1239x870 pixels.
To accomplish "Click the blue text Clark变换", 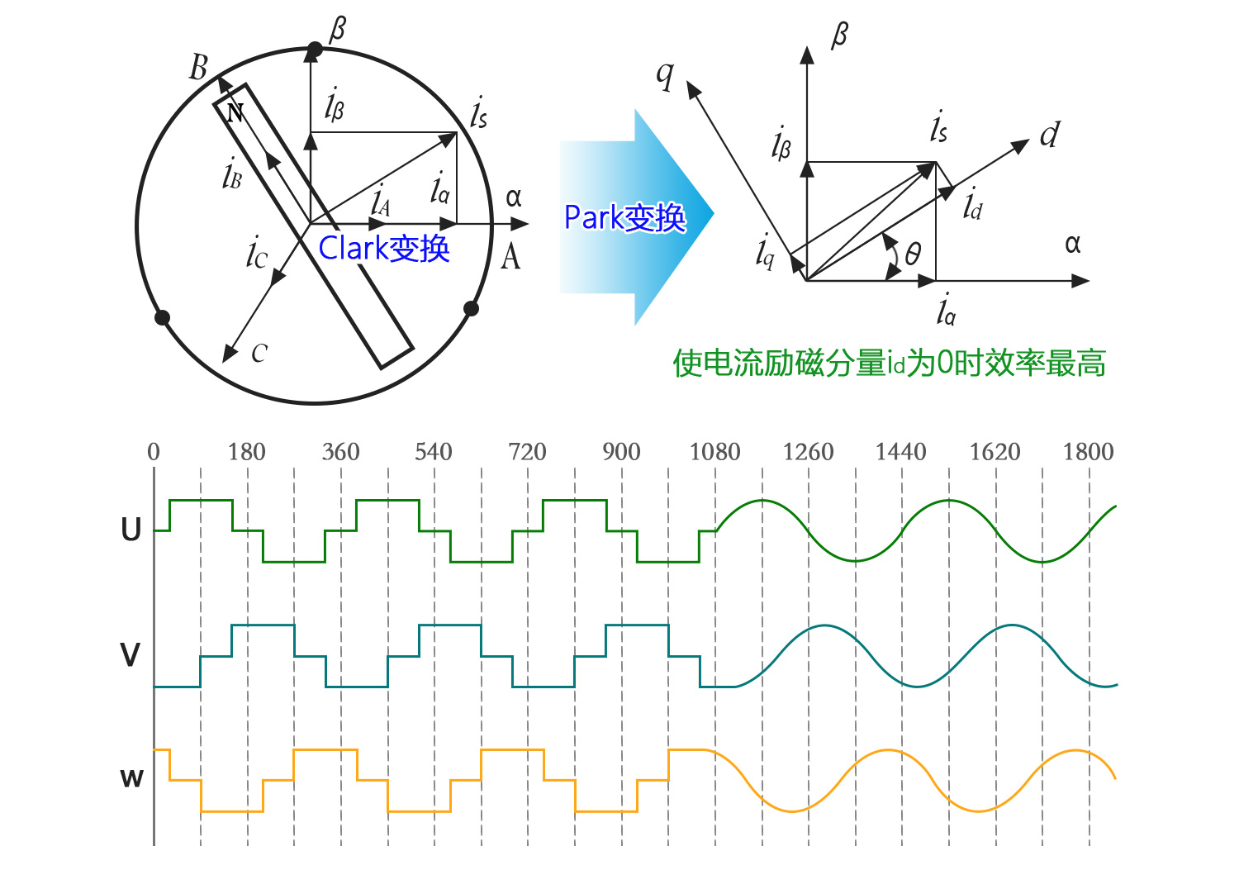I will point(384,248).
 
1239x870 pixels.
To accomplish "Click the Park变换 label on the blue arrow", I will point(624,218).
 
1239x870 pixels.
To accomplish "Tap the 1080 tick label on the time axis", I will point(714,452).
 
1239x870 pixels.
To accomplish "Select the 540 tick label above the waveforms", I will point(434,452).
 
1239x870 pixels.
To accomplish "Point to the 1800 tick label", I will point(1088,452).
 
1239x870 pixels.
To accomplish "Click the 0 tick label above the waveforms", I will point(154,452).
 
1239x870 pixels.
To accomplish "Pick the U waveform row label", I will point(131,530).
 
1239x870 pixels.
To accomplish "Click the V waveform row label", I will point(131,655).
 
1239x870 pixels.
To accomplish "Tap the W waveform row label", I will point(131,778).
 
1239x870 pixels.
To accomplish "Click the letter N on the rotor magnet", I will point(235,112).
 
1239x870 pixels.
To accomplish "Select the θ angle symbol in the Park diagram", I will point(912,254).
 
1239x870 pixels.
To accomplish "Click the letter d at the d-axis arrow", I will point(1049,135).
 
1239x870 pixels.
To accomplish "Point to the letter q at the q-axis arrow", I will point(665,75).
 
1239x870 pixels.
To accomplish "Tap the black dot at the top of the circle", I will point(314,50).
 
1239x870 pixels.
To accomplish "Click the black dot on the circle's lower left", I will point(163,318).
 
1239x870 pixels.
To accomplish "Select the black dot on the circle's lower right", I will point(472,309).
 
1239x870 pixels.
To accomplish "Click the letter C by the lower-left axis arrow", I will point(259,354).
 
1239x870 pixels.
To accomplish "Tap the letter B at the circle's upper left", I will point(198,68).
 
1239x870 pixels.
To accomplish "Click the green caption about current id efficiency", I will point(889,364).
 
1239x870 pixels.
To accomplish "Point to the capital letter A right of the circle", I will point(511,257).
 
